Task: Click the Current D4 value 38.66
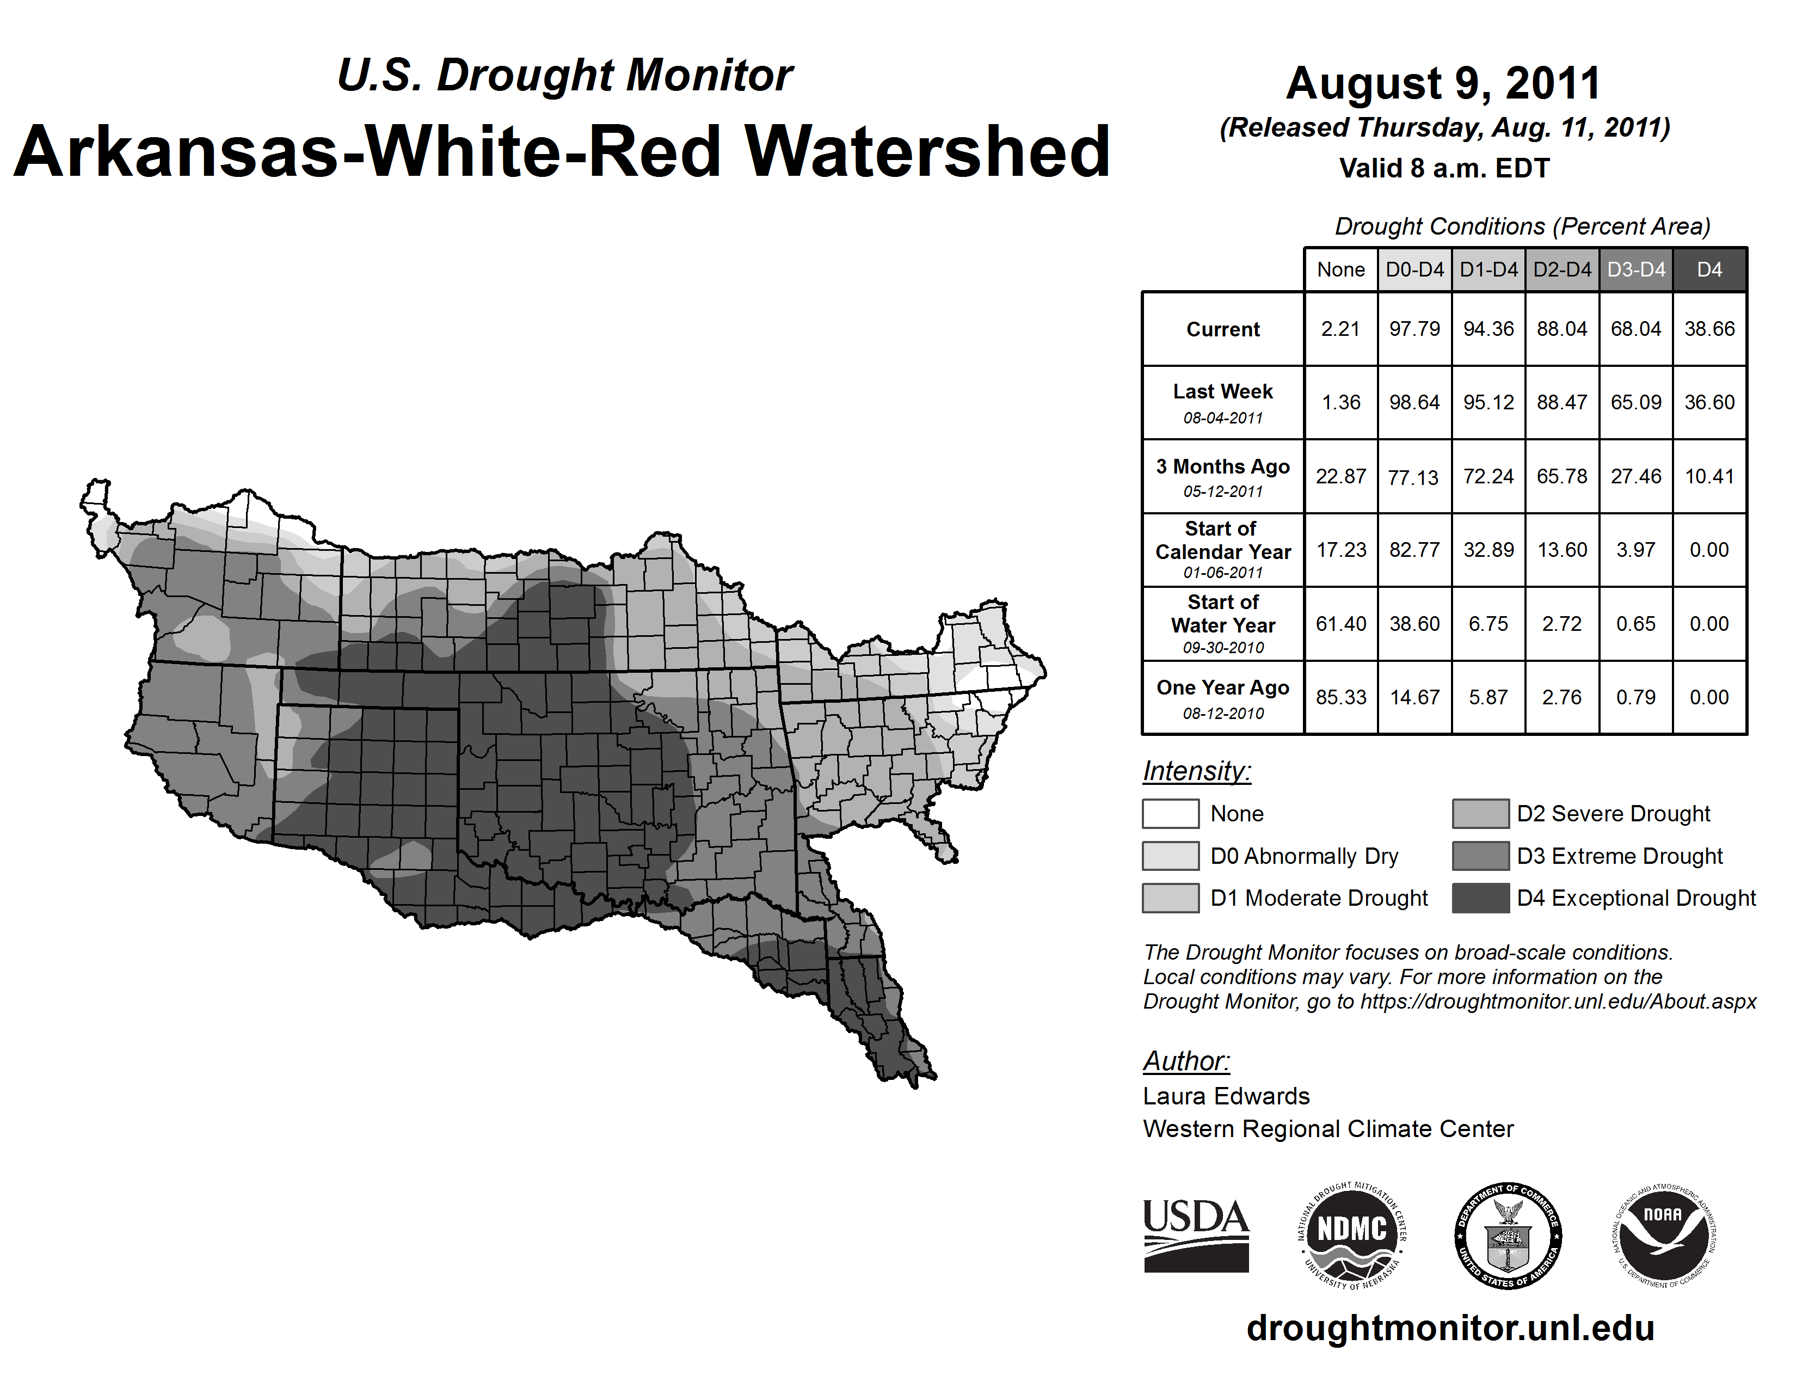pos(1709,329)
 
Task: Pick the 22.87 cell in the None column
pos(1340,476)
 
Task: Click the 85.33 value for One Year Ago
pos(1340,697)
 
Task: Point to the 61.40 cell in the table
pos(1340,624)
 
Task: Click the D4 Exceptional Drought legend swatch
pos(1480,898)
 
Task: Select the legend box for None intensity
pos(1170,813)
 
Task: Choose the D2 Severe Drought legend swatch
pos(1480,813)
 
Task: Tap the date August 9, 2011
pos(1443,83)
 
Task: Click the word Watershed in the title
pos(927,151)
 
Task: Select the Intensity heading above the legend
pos(1196,771)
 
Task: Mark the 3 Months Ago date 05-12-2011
pos(1223,492)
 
